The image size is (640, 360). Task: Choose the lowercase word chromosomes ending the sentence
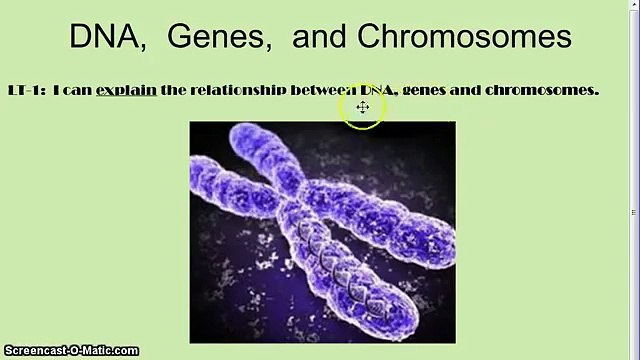point(540,90)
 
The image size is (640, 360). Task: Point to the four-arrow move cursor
point(362,106)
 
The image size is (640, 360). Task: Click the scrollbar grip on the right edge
point(633,209)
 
